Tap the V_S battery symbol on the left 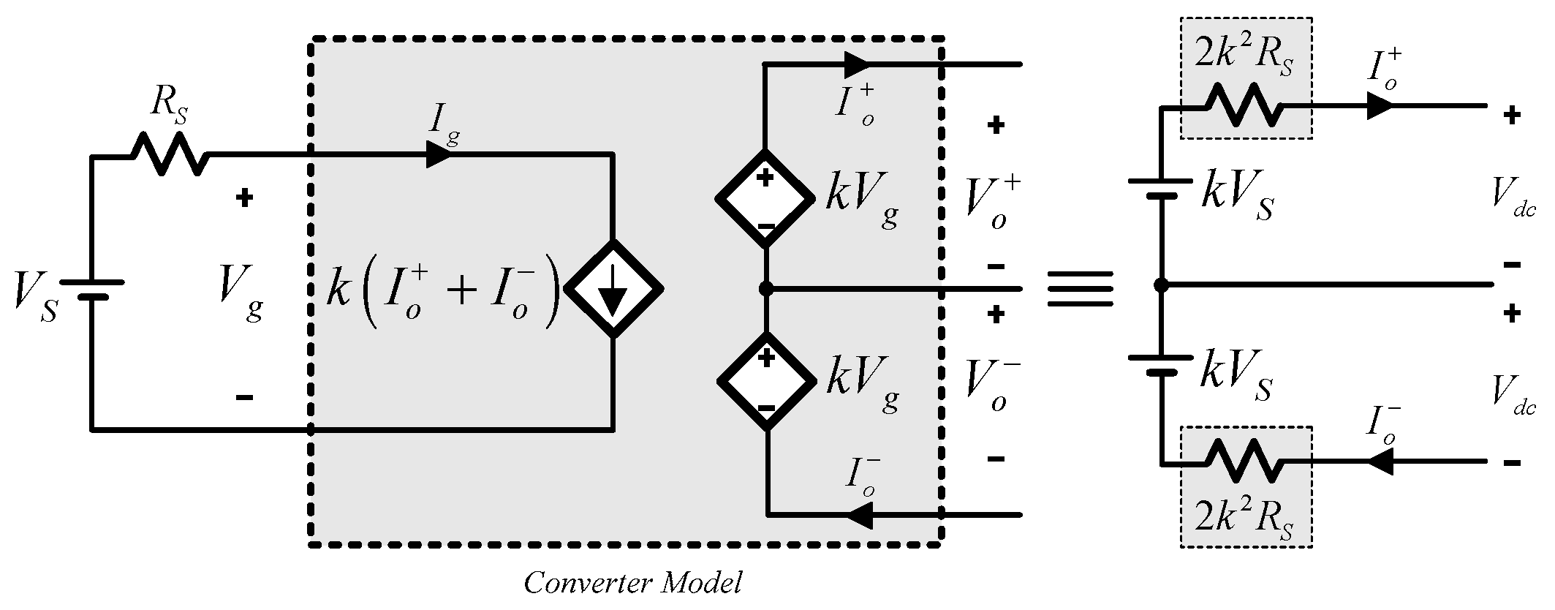(x=91, y=289)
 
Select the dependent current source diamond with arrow (x=614, y=288)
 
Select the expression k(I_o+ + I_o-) (x=443, y=290)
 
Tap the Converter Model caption (x=633, y=583)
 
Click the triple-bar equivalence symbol (x=1081, y=289)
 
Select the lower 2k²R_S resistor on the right (x=1244, y=461)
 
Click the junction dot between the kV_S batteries (x=1161, y=285)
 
